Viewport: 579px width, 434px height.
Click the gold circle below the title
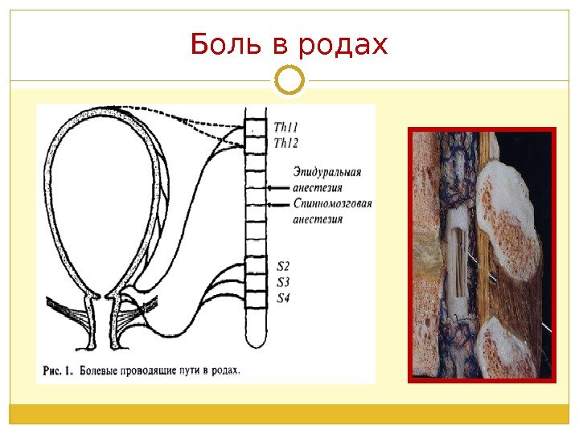(289, 80)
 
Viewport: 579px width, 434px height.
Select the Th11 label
(285, 127)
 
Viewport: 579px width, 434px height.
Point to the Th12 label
(286, 143)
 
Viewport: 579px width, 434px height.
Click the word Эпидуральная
(327, 171)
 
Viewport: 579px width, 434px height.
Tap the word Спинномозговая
(332, 203)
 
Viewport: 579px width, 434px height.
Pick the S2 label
(283, 265)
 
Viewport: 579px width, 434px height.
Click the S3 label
(283, 282)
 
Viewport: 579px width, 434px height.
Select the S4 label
(283, 299)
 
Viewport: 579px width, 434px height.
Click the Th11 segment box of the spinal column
(256, 129)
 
